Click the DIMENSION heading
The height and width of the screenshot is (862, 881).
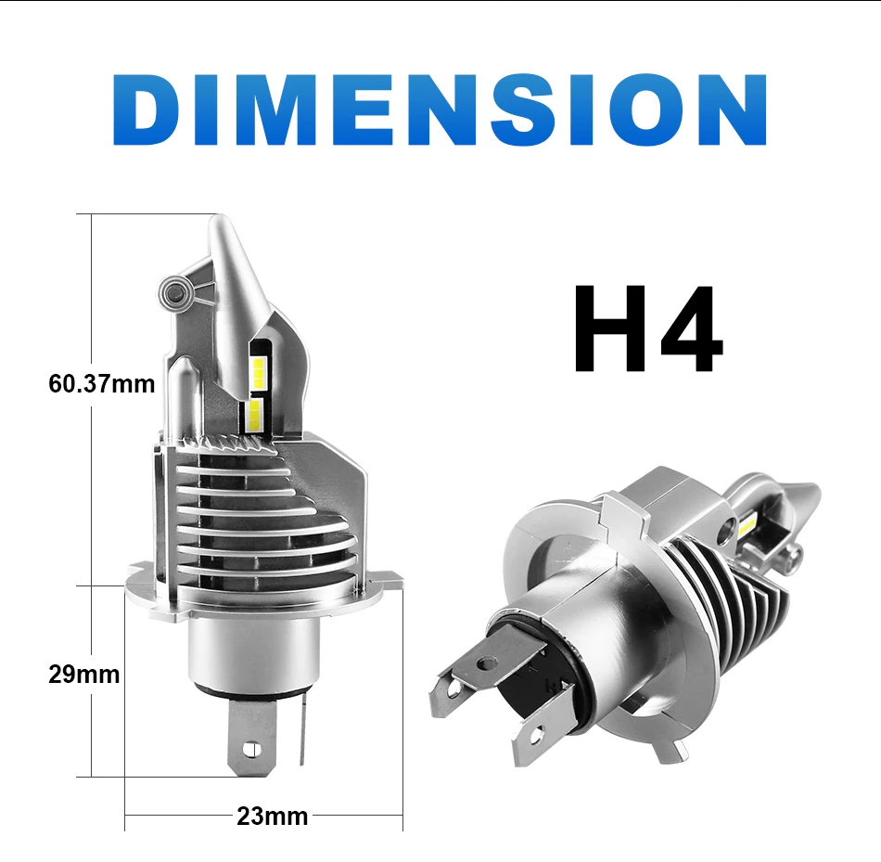click(440, 109)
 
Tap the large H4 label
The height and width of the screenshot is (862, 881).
click(648, 329)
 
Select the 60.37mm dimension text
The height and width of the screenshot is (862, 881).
click(102, 384)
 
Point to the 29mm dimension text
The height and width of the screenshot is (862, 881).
click(84, 675)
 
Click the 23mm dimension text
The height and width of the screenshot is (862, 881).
click(273, 817)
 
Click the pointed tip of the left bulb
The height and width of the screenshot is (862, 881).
click(220, 217)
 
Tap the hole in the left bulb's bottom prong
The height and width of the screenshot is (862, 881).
click(251, 749)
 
